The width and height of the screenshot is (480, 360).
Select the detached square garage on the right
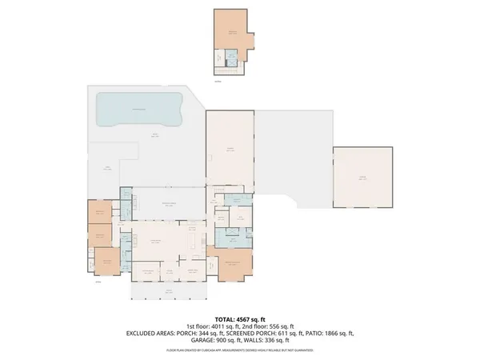(362, 177)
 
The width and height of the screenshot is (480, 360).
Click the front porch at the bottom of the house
(170, 291)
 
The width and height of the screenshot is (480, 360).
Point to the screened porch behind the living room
(169, 205)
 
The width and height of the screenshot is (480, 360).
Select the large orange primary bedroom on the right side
(232, 264)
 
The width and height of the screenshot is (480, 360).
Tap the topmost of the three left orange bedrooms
(99, 211)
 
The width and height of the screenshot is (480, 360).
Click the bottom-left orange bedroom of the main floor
(105, 261)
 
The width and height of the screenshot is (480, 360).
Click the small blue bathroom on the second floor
(231, 58)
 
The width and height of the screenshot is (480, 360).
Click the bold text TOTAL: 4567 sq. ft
(239, 319)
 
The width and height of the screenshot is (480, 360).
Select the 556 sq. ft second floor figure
(277, 326)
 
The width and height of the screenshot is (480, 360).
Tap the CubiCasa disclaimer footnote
(239, 350)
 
